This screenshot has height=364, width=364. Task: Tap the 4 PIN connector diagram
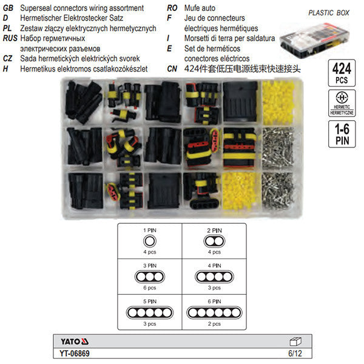coord(212,276)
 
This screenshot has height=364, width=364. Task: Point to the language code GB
coord(9,8)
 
